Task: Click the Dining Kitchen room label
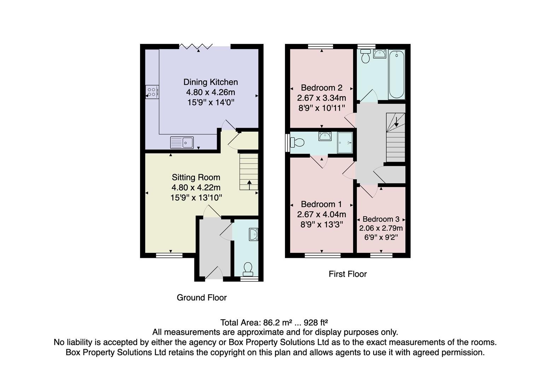211,82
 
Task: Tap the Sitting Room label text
196,177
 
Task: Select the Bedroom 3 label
381,219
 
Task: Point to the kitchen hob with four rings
152,92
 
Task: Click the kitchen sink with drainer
182,143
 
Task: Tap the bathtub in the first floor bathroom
397,74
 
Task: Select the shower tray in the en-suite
345,143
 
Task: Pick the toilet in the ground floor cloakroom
248,270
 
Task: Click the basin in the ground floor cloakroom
253,234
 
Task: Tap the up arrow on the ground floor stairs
249,185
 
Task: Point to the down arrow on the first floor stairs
396,122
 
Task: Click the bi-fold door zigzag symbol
196,46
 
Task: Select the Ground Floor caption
202,297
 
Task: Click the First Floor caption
348,274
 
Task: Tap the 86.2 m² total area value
278,323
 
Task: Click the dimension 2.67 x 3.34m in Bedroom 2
321,98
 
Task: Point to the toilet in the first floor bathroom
366,56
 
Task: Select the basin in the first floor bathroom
380,54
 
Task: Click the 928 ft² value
316,323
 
